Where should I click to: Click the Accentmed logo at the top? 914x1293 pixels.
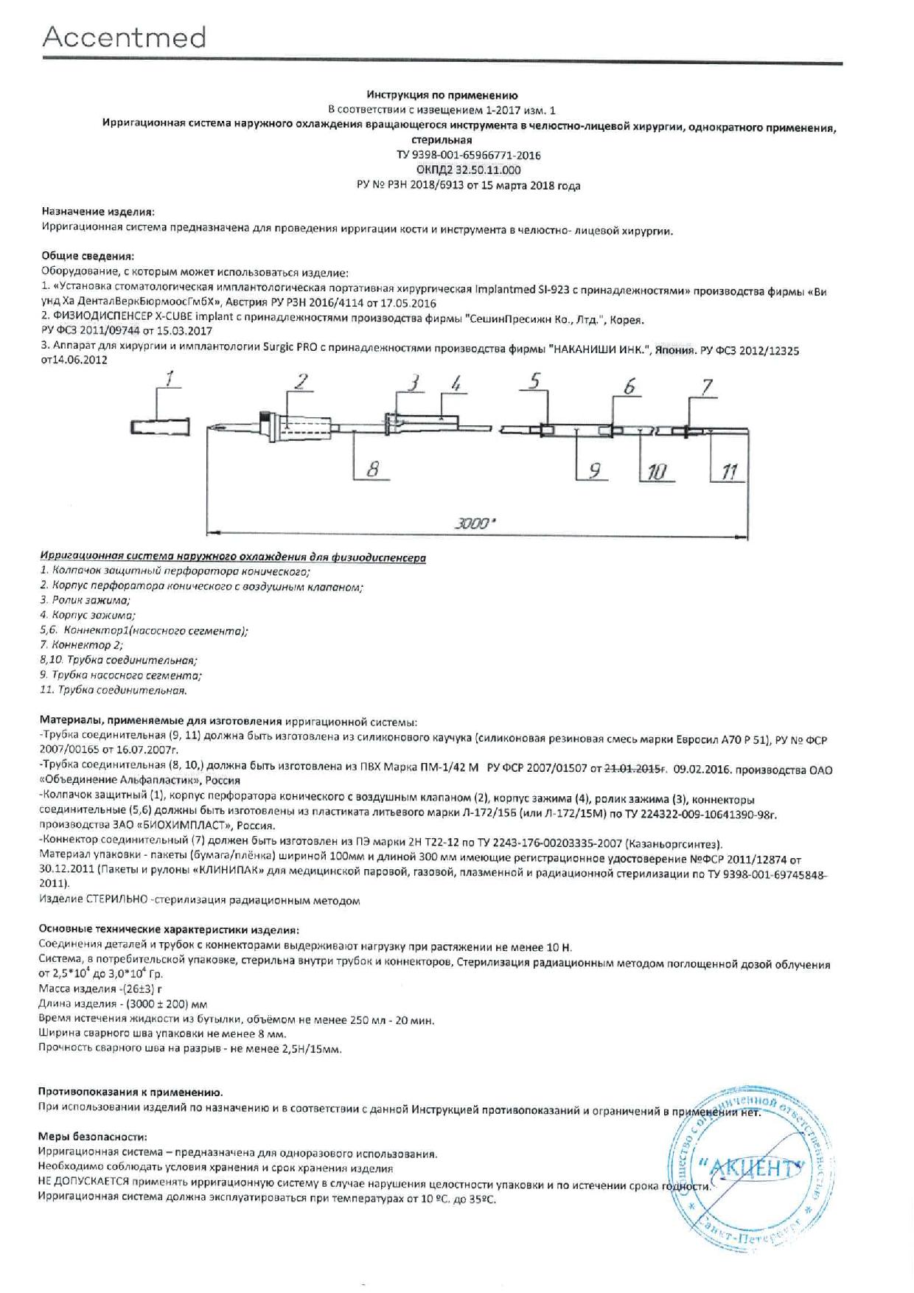[x=124, y=37]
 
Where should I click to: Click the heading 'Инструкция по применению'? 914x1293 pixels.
[x=442, y=95]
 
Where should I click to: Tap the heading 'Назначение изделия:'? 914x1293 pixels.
[x=98, y=211]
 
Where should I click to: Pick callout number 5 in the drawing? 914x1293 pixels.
[x=534, y=380]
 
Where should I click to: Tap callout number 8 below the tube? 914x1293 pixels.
[x=373, y=469]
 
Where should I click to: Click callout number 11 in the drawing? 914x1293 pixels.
[x=729, y=472]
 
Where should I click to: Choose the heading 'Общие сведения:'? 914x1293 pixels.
[x=88, y=257]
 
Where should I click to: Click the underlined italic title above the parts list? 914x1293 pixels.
[x=233, y=557]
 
